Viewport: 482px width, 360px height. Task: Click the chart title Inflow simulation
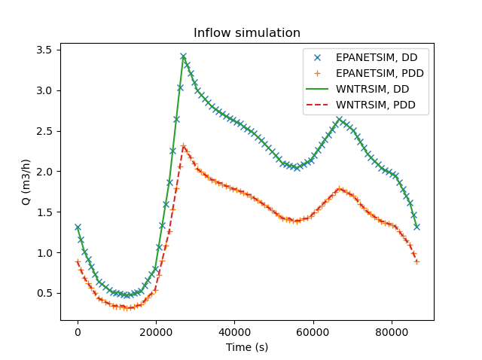(x=247, y=33)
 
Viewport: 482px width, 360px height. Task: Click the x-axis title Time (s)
(x=247, y=347)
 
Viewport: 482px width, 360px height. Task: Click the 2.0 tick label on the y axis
(x=44, y=172)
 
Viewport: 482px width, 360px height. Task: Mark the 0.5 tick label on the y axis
(x=44, y=293)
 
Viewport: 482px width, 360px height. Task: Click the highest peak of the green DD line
(x=183, y=56)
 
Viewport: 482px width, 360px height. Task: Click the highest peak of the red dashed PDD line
(x=183, y=145)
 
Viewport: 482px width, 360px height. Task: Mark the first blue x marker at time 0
(x=78, y=227)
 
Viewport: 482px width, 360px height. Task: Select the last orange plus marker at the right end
(x=416, y=261)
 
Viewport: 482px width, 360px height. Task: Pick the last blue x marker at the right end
(x=416, y=227)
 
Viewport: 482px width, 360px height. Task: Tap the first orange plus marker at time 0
(x=78, y=262)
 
